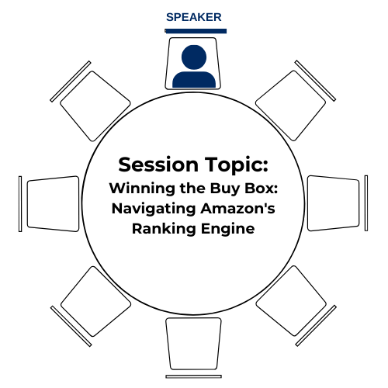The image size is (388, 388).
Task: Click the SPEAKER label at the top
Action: (194, 17)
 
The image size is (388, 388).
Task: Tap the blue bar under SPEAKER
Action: (196, 31)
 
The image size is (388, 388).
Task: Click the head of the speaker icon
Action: (194, 57)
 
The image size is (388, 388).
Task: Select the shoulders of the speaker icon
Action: (194, 80)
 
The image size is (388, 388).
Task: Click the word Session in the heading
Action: (158, 165)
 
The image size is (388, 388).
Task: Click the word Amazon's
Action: (237, 208)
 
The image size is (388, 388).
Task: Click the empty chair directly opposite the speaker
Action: (193, 348)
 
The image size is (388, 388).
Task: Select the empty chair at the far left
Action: (49, 204)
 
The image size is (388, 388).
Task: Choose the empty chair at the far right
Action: (338, 203)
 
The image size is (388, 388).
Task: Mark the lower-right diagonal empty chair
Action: (296, 306)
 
